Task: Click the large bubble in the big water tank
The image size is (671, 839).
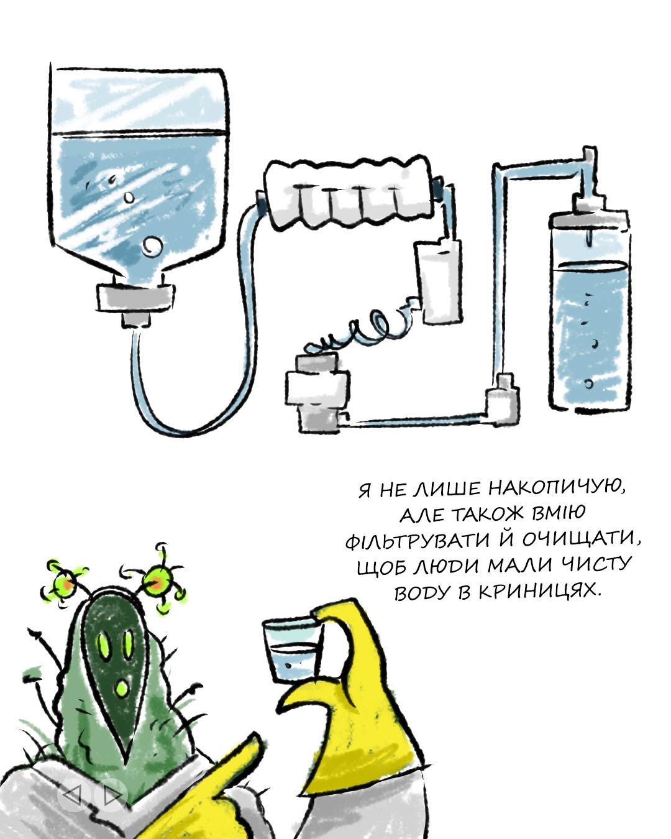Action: [x=152, y=246]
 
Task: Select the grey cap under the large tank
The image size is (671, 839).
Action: [x=135, y=303]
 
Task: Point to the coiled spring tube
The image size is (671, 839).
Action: [x=363, y=328]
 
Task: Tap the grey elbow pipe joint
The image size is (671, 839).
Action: [x=503, y=401]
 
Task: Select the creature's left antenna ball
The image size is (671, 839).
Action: [x=63, y=584]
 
